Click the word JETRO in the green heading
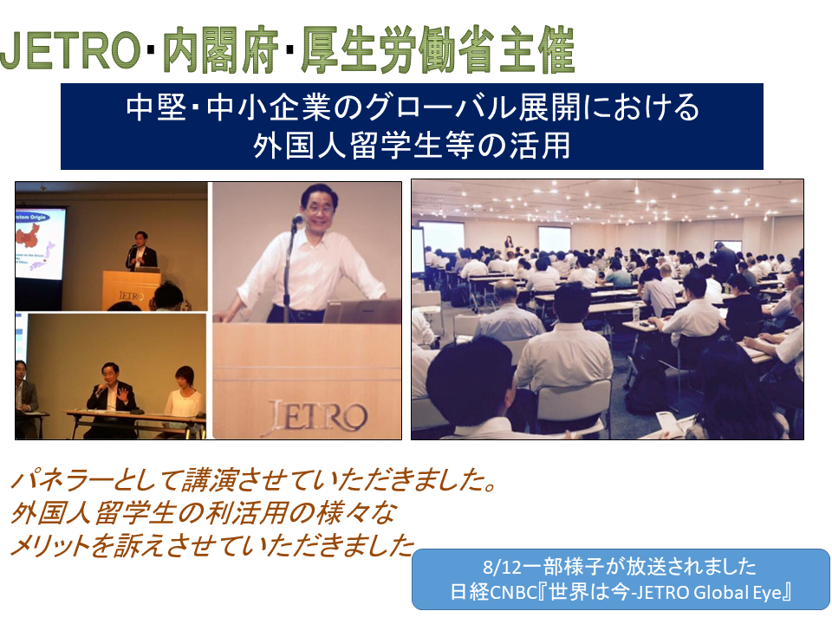point(70,51)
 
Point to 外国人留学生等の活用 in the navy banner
point(412,145)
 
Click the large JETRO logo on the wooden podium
point(316,418)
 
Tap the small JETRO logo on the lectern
point(131,296)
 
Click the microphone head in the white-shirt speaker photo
point(298,218)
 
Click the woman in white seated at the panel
point(183,395)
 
